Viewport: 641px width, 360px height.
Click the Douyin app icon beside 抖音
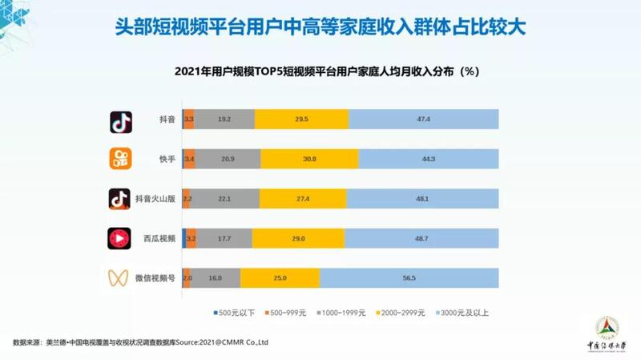click(120, 121)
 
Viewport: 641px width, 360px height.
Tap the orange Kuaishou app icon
click(120, 160)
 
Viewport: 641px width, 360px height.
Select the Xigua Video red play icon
click(120, 238)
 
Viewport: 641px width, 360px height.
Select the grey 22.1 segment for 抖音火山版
click(225, 198)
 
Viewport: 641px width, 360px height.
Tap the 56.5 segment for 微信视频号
click(409, 277)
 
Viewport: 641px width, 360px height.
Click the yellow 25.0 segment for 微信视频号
click(279, 277)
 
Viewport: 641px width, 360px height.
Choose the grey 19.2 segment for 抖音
click(224, 119)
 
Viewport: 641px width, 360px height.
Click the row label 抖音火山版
click(155, 198)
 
